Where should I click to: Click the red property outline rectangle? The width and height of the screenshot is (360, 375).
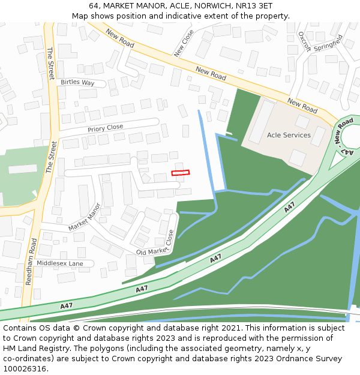180,173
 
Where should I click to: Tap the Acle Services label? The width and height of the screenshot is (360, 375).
289,135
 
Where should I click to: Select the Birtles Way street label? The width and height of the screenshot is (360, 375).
77,82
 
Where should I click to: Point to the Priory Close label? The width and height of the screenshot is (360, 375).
105,127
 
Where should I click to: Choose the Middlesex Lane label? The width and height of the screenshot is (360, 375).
60,263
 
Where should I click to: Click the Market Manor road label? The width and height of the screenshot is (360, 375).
85,217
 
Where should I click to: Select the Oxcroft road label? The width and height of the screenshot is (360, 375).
304,42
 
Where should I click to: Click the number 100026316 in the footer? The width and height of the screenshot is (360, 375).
26,368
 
